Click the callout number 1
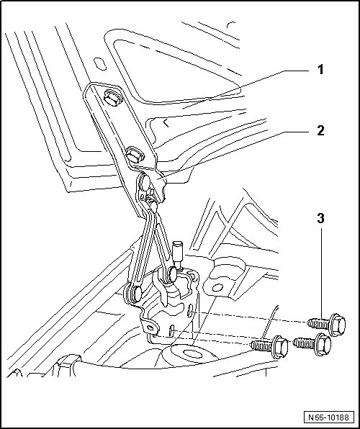tap(320, 70)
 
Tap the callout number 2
tap(320, 130)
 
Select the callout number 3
tap(320, 218)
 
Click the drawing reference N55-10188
tap(329, 417)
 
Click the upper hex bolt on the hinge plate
tap(112, 98)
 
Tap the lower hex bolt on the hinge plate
tap(135, 155)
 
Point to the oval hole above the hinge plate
tap(99, 64)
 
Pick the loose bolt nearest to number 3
tap(326, 325)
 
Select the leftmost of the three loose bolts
tap(270, 347)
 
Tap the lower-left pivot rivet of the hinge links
tap(133, 293)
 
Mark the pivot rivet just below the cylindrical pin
tap(171, 274)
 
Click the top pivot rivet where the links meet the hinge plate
tap(145, 184)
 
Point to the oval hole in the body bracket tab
tap(217, 287)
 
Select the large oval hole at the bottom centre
tap(193, 354)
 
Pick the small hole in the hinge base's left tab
tap(150, 328)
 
